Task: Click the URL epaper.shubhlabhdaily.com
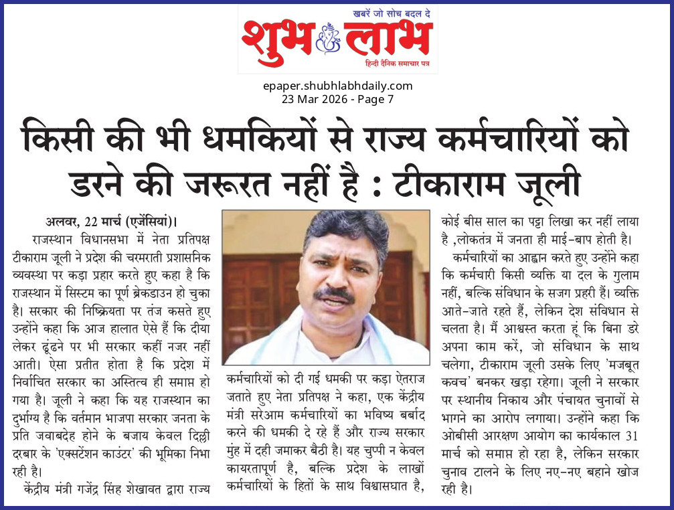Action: point(337,86)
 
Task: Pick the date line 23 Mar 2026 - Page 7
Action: point(337,99)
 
